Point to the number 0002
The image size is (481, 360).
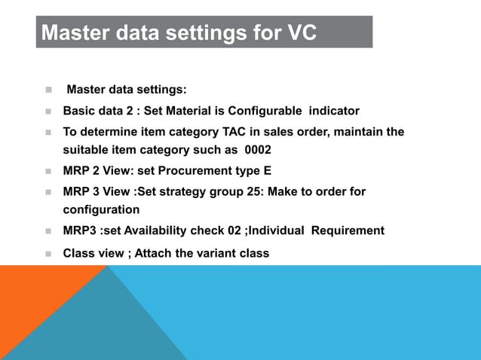tap(258, 149)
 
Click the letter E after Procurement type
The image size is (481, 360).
tap(267, 170)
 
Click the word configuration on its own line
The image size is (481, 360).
tap(101, 209)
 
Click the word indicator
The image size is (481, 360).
tap(332, 111)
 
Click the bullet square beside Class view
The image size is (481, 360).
tap(47, 254)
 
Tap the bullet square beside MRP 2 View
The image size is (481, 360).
tap(47, 171)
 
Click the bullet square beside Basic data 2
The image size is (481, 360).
tap(47, 111)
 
